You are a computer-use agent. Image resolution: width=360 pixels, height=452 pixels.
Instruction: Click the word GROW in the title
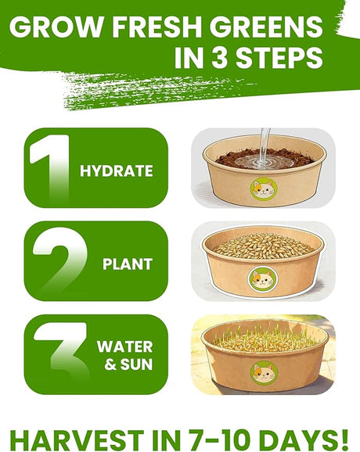pos(58,27)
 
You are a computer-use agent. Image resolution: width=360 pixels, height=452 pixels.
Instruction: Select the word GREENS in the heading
pos(265,27)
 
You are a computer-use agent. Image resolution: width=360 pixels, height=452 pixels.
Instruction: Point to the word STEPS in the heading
pos(279,57)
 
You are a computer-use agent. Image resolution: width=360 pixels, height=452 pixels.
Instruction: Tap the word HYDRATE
pos(117,170)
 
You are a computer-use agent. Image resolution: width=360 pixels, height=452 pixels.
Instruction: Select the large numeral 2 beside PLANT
pos(60,261)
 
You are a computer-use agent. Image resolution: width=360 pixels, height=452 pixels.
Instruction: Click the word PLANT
pos(128,264)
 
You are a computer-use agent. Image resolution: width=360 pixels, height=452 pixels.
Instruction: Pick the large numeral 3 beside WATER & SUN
pos(60,354)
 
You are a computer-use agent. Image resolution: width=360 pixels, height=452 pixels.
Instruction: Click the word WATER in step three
pos(125,346)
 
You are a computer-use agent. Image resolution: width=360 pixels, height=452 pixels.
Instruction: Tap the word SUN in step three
pos(136,364)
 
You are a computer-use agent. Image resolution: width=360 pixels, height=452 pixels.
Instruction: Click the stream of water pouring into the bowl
pos(265,148)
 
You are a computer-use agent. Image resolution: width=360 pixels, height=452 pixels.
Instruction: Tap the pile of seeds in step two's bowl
pos(264,246)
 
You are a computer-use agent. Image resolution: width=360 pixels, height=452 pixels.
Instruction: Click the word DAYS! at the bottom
pos(302,440)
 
